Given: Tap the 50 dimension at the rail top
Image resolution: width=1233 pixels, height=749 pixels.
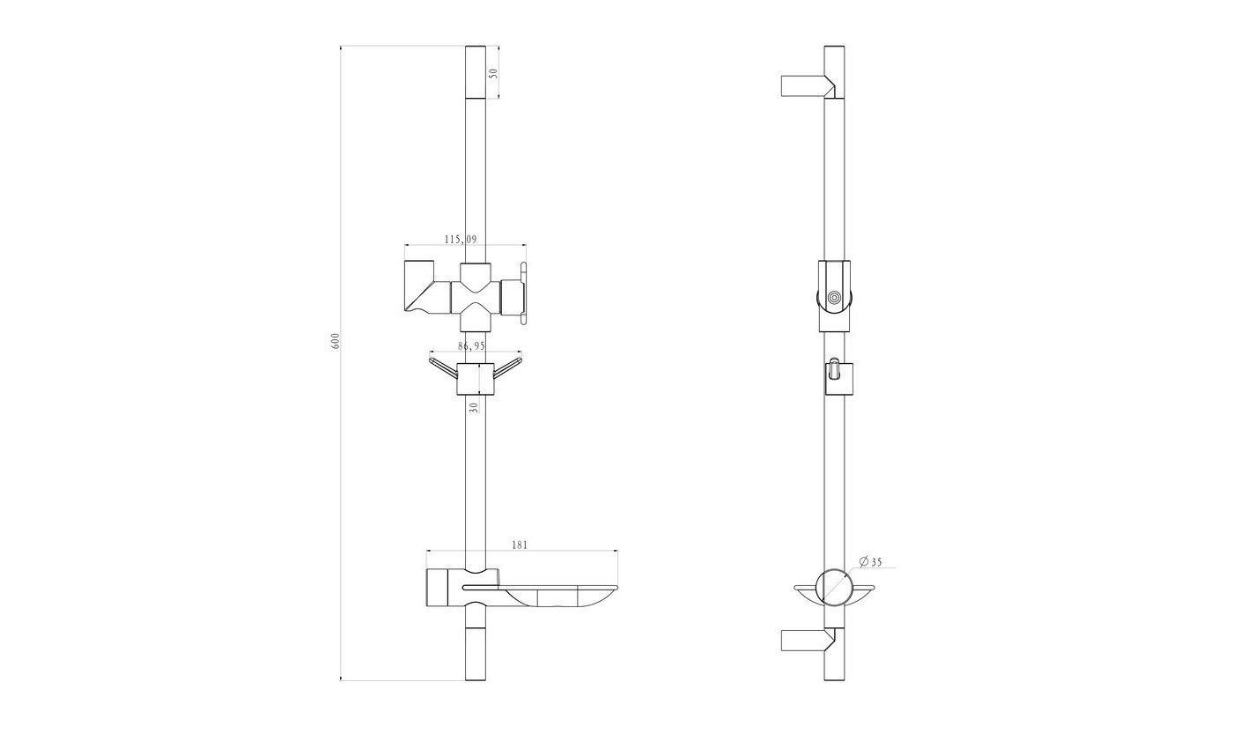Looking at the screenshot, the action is point(494,72).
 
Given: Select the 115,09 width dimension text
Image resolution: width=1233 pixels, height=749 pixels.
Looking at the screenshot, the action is point(461,240).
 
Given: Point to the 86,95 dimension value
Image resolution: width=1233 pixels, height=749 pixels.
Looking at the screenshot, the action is point(472,346).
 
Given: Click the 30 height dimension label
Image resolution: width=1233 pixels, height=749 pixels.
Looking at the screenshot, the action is point(475,407).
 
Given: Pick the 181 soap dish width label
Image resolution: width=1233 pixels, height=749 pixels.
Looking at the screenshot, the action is point(520,545).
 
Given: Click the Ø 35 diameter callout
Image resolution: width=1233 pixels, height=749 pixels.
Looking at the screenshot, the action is point(870,562).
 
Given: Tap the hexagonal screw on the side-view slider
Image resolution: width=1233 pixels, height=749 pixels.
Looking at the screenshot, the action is point(835,298).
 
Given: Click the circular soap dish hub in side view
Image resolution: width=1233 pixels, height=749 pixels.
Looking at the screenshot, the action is point(834,588).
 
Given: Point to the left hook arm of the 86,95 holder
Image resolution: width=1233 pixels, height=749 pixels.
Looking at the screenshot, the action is point(443,368).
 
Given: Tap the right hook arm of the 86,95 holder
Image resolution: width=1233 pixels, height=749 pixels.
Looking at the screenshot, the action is point(507,368).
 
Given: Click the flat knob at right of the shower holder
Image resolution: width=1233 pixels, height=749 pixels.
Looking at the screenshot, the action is point(523,293).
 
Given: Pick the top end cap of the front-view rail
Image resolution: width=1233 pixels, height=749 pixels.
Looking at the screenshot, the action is point(476,72).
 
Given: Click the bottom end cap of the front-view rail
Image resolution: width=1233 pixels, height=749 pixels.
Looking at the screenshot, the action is point(476,654).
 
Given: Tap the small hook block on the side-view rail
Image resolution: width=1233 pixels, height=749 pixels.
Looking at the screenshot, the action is point(838,378).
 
